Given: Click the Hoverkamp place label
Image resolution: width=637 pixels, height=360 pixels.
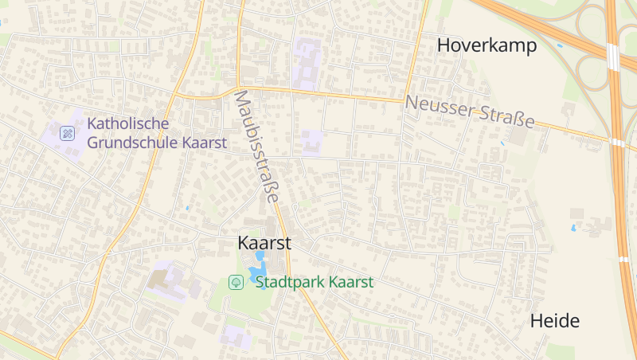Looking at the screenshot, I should coord(487,46).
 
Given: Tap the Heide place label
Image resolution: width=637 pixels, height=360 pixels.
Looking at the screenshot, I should coord(555,322).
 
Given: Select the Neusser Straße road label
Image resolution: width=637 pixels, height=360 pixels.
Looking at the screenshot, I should coord(469,112).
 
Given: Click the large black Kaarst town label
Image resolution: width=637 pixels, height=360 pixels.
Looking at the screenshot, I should coord(264,244).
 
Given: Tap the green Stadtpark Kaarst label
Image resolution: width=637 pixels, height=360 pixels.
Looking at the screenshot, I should coord(314,282).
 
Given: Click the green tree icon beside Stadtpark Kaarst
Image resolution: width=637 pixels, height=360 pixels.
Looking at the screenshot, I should coord(236,282).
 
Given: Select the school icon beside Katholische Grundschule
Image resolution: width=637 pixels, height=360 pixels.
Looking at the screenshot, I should coord(68,133).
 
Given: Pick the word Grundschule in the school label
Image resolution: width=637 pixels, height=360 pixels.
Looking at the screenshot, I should coord(133,143).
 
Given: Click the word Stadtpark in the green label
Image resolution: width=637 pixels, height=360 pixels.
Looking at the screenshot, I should coord(290,282).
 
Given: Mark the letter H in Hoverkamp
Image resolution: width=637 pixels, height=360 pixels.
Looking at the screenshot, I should coord(444,46).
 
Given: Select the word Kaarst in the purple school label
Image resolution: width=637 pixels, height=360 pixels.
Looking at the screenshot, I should coord(205,143).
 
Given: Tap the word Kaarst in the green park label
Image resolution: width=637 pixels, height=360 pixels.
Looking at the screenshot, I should coord(351,282).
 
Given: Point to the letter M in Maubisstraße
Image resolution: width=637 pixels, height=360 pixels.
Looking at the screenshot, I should coord(240,100).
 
